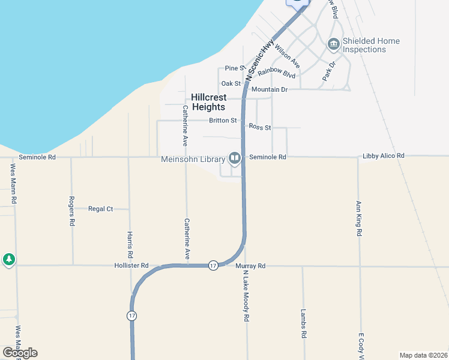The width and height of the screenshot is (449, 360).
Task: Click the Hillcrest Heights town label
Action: pyautogui.click(x=208, y=102)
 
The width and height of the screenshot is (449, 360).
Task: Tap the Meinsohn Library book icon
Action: pyautogui.click(x=234, y=158)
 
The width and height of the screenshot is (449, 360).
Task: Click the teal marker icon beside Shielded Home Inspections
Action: pyautogui.click(x=333, y=44)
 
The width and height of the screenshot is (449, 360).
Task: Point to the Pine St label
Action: pyautogui.click(x=235, y=68)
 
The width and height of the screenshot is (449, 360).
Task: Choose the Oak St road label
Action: pyautogui.click(x=231, y=83)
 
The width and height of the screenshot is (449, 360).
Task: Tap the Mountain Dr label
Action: pyautogui.click(x=270, y=89)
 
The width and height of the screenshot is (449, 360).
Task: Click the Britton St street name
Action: pyautogui.click(x=223, y=121)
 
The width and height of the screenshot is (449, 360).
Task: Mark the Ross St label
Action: pyautogui.click(x=260, y=128)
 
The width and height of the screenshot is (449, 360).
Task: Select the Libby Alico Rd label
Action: pyautogui.click(x=384, y=156)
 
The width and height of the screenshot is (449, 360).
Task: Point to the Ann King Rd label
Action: pyautogui.click(x=359, y=218)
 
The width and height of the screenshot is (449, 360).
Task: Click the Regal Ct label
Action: pyautogui.click(x=101, y=209)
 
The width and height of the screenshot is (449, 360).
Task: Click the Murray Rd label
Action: pyautogui.click(x=250, y=265)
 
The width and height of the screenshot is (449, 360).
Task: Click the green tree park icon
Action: pyautogui.click(x=8, y=259)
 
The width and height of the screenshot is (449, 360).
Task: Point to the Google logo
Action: pyautogui.click(x=20, y=353)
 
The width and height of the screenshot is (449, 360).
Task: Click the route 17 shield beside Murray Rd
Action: pyautogui.click(x=213, y=265)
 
